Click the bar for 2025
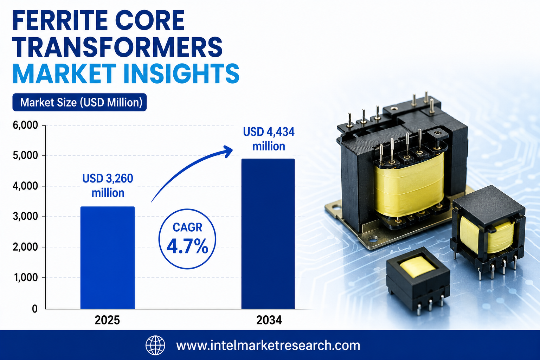(x=108, y=258)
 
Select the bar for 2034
(x=268, y=234)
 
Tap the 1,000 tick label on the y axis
(x=26, y=277)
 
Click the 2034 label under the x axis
(x=269, y=320)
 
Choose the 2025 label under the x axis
(x=107, y=320)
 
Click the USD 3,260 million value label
(x=108, y=186)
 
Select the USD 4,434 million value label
(x=269, y=139)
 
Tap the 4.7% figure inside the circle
(x=187, y=246)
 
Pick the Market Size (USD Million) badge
(x=79, y=102)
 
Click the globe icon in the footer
(x=155, y=345)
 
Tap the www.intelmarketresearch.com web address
(x=268, y=345)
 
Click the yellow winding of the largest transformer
(x=409, y=185)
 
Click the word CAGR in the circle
(x=187, y=227)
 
